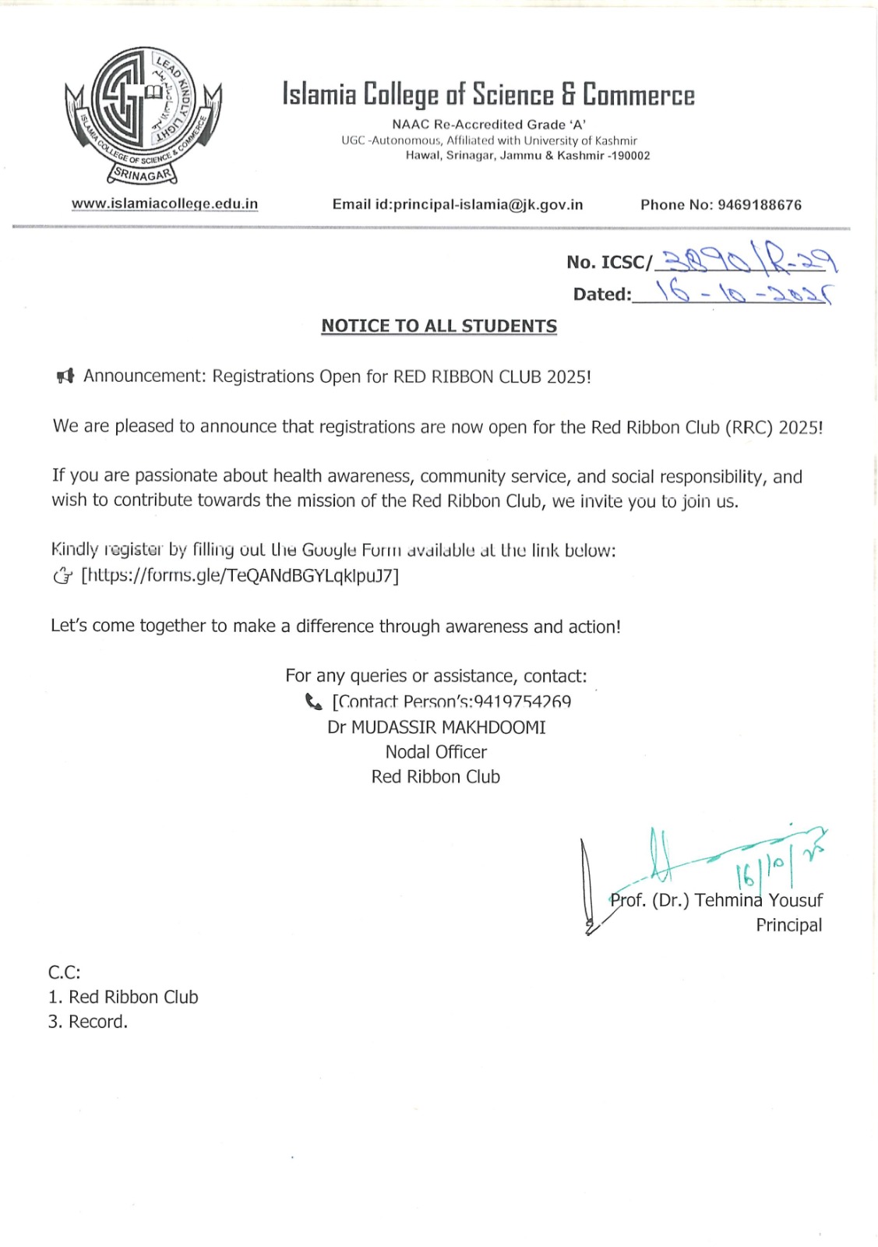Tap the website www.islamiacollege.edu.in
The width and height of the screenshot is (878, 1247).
164,204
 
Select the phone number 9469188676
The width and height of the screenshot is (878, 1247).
760,205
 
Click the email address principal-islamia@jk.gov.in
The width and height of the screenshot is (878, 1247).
488,205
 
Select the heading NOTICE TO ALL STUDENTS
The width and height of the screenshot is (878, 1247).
439,326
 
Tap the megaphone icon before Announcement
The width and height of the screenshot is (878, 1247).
65,376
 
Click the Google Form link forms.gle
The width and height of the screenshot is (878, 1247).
240,576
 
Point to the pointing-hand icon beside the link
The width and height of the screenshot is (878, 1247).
62,577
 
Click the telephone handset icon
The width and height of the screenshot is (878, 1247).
313,702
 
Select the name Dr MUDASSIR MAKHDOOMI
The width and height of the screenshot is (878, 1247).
436,727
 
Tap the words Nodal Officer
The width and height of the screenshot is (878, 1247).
436,752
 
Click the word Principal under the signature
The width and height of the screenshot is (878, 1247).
788,925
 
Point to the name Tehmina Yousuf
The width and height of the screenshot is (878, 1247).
758,900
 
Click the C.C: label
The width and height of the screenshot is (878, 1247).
64,972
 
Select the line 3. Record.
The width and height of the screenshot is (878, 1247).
87,1022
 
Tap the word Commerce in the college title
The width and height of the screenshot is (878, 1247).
638,94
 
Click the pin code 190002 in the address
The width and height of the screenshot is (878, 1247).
629,156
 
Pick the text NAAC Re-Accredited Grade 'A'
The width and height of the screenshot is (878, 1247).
488,125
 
